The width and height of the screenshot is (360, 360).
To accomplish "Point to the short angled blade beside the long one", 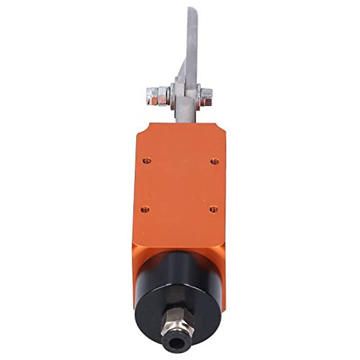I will pos(181,71).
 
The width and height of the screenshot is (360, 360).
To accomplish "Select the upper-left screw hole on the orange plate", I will pos(147,161).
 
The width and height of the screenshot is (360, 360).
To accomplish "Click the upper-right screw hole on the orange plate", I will pos(214,162).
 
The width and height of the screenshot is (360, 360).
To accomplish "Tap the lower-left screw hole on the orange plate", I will pos(145,209).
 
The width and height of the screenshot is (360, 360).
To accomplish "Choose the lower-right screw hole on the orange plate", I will pos(214,209).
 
